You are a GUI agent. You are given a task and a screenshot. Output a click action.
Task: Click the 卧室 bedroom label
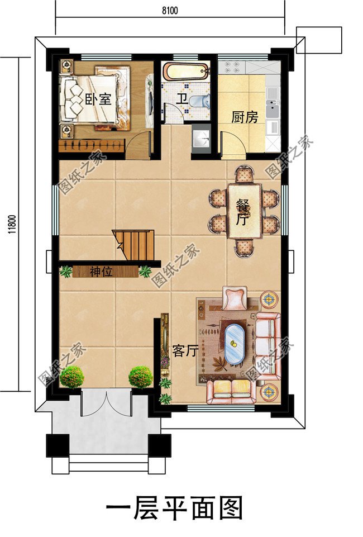pos(98,100)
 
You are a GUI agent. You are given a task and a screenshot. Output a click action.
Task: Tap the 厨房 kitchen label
pos(245,117)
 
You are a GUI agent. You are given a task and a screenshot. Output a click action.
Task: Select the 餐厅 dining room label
pos(242,212)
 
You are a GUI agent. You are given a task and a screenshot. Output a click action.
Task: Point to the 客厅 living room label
pos(185,351)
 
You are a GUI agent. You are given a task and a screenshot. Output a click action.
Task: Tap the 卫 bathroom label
pos(181,99)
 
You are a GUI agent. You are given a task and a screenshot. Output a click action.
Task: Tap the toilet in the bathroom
pos(199,101)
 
